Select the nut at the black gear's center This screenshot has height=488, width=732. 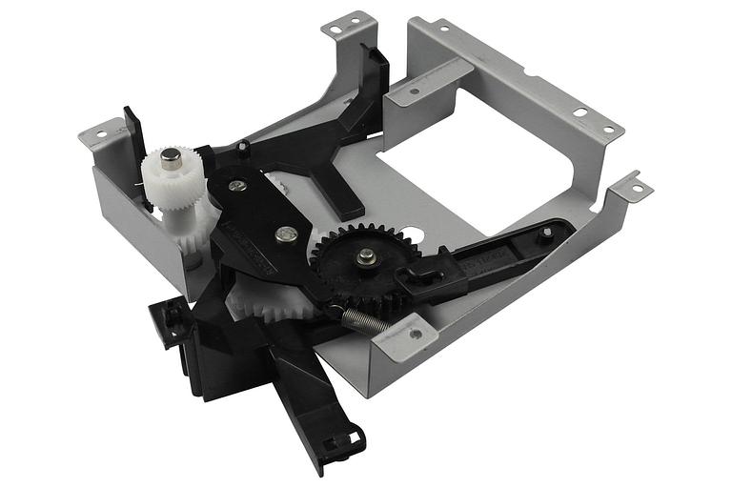point(366,254)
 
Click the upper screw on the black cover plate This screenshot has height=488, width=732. point(238,186)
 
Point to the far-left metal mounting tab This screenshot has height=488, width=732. point(101,133)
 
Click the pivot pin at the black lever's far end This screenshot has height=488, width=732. point(545,233)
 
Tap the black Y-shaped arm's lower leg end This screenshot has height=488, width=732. point(345,208)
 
